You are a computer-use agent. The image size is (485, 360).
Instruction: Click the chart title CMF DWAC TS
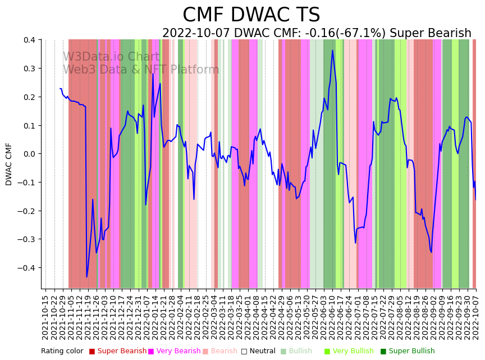click(x=251, y=15)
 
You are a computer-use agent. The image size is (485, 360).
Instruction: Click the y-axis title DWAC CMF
click(x=9, y=164)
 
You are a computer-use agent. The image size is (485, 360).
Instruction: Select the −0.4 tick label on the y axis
click(x=26, y=268)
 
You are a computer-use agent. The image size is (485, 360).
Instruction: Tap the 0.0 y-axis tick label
click(x=28, y=154)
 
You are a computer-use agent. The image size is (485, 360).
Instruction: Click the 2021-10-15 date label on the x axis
click(x=46, y=317)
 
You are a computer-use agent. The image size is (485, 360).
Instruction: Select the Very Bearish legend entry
click(x=174, y=351)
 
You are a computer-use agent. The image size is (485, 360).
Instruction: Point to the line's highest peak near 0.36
click(x=332, y=51)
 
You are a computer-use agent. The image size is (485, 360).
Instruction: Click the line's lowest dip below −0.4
click(x=87, y=276)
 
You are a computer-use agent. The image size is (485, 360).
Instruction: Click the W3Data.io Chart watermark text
click(x=111, y=57)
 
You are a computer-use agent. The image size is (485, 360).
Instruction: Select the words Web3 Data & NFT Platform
click(x=141, y=70)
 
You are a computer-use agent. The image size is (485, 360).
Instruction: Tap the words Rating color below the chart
click(x=62, y=351)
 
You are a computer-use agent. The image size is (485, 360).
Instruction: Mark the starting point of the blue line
click(x=60, y=89)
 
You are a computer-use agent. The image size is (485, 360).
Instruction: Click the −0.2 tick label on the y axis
click(x=26, y=211)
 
